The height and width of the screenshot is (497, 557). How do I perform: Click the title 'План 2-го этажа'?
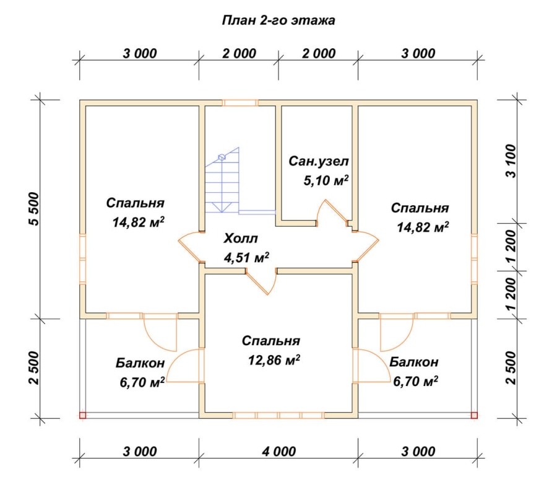pos(278,20)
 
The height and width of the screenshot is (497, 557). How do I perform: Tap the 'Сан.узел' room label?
pos(319,161)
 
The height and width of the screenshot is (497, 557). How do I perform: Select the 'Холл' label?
pos(241,239)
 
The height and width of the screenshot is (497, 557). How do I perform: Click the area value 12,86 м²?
pos(274,360)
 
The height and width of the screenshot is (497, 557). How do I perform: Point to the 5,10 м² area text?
pos(326,180)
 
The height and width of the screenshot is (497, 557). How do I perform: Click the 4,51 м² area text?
pos(246,257)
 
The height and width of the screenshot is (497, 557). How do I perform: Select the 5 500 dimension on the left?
pos(33,209)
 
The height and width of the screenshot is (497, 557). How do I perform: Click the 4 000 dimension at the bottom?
pos(279,452)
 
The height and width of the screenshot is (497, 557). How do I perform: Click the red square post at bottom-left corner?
pos(82,415)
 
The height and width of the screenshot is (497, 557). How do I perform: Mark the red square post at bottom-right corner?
pos(474,415)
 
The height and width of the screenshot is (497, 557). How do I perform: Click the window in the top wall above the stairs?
pos(240,103)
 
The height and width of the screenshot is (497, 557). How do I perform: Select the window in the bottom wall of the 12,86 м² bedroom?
pos(279,415)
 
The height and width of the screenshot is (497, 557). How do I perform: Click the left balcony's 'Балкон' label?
pos(140,363)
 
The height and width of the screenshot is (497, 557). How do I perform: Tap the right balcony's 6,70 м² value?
pos(416,381)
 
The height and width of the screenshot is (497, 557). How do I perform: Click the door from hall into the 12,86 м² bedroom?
pos(261,282)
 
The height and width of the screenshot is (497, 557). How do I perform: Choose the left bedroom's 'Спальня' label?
pos(136,203)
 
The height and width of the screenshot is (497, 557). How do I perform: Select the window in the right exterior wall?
pos(474,258)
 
